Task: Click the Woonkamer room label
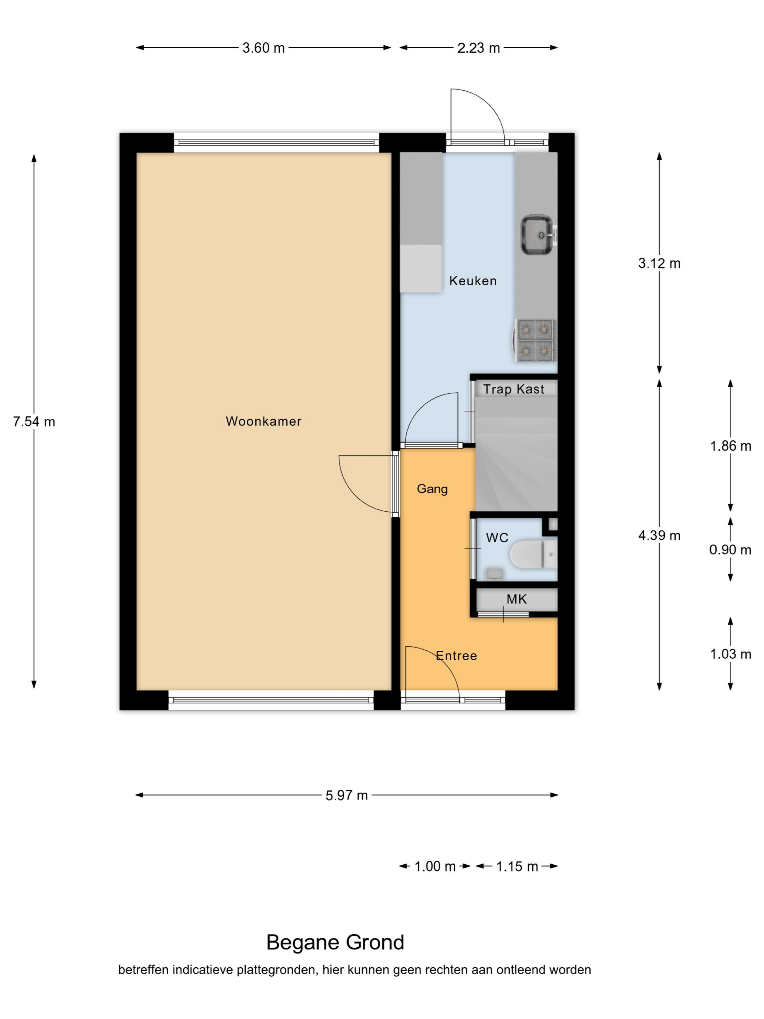pyautogui.click(x=263, y=421)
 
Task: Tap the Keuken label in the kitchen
pyautogui.click(x=473, y=281)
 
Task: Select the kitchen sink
pyautogui.click(x=538, y=234)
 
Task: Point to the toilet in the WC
pyautogui.click(x=534, y=554)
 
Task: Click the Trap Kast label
pyautogui.click(x=513, y=389)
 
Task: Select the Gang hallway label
pyautogui.click(x=432, y=489)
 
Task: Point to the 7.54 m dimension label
pyautogui.click(x=34, y=421)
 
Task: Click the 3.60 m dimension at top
pyautogui.click(x=263, y=48)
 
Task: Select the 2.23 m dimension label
pyautogui.click(x=478, y=48)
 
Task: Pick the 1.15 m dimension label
pyautogui.click(x=517, y=867)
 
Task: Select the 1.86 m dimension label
pyautogui.click(x=731, y=446)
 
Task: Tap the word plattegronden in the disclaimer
pyautogui.click(x=276, y=970)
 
